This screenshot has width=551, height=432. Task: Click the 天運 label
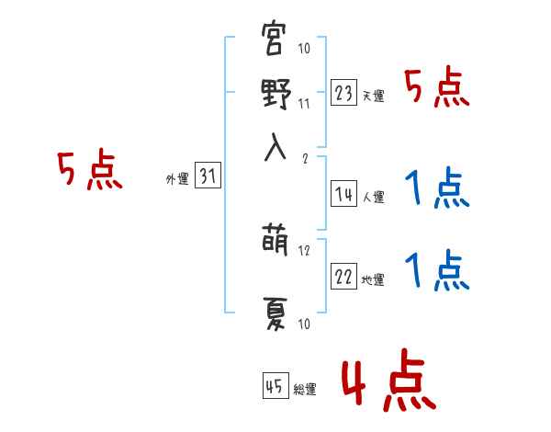tap(373, 97)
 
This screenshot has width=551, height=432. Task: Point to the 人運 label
tap(373, 198)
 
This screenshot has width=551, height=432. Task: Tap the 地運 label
tap(373, 280)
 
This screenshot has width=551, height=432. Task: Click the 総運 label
tap(305, 390)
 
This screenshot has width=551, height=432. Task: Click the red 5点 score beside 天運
tap(436, 90)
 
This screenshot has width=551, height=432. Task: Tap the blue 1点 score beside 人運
tap(436, 190)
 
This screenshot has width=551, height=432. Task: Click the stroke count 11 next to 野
tap(305, 103)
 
